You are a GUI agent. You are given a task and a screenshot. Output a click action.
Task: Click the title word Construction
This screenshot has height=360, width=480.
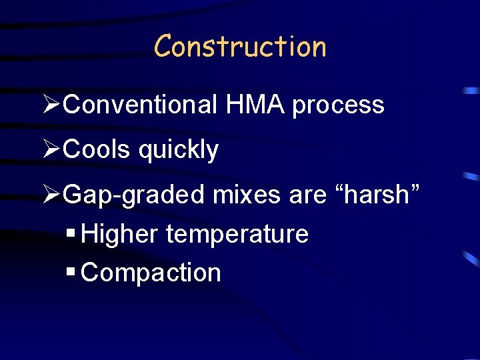[x=240, y=47]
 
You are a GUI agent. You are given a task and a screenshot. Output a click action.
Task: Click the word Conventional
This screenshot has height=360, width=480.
[x=142, y=105]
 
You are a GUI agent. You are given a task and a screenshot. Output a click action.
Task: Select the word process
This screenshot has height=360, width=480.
[x=338, y=106]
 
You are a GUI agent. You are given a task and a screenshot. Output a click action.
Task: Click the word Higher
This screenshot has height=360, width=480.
[x=120, y=235]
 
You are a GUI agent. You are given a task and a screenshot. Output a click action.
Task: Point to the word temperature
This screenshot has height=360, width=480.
[x=237, y=235]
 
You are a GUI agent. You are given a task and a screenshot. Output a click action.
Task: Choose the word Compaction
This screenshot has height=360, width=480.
[x=151, y=273]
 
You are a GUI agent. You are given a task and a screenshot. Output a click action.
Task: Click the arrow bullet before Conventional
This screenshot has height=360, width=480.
[x=51, y=105]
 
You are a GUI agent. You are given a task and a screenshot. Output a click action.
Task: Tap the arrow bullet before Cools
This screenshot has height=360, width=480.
[x=51, y=150]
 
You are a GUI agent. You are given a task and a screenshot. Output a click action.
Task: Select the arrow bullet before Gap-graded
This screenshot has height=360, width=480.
[x=51, y=195]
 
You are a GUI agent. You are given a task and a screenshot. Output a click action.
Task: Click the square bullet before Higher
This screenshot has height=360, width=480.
[x=71, y=234]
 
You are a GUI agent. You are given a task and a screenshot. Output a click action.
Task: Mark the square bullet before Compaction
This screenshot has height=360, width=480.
[x=71, y=272]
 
